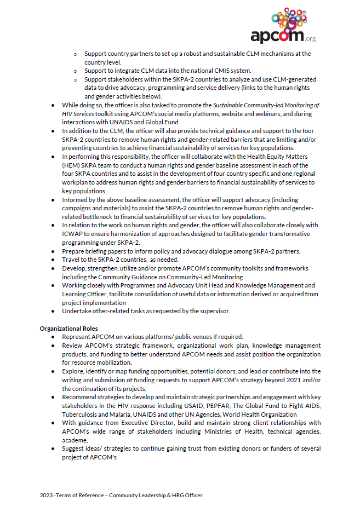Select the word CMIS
click(x=222, y=71)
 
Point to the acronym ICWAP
click(x=71, y=233)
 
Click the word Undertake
click(x=77, y=311)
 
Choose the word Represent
click(x=77, y=336)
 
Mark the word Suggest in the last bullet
click(x=75, y=448)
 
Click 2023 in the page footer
click(x=47, y=495)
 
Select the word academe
click(x=75, y=440)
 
